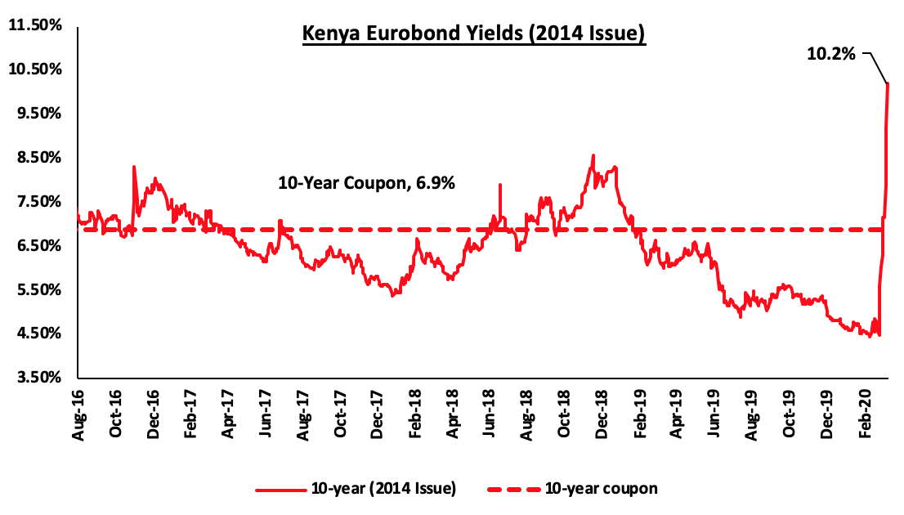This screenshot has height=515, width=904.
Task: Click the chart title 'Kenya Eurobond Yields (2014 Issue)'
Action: (x=474, y=34)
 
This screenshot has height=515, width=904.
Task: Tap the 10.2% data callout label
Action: (x=831, y=54)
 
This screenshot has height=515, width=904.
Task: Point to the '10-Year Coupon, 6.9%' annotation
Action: (x=366, y=184)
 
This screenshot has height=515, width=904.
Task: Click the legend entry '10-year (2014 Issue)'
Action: (x=383, y=489)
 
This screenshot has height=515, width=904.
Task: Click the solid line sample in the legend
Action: (x=280, y=490)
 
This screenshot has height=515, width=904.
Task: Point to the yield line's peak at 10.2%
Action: (x=888, y=83)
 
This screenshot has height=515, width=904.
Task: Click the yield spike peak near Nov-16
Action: (x=133, y=167)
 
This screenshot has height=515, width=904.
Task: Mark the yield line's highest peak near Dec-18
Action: (x=593, y=155)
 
